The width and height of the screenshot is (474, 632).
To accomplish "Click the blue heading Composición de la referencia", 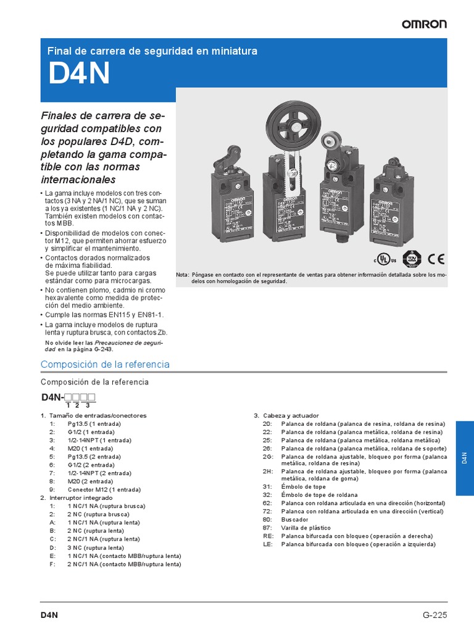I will tap(105, 364).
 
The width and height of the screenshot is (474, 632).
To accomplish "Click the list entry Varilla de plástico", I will tap(306, 528).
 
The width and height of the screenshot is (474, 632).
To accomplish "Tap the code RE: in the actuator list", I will tap(267, 536).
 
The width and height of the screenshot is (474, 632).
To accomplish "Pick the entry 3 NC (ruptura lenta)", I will tap(96, 547).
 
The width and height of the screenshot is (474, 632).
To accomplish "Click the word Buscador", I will tap(295, 520).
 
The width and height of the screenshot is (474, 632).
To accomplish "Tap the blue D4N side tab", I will tap(465, 457).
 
